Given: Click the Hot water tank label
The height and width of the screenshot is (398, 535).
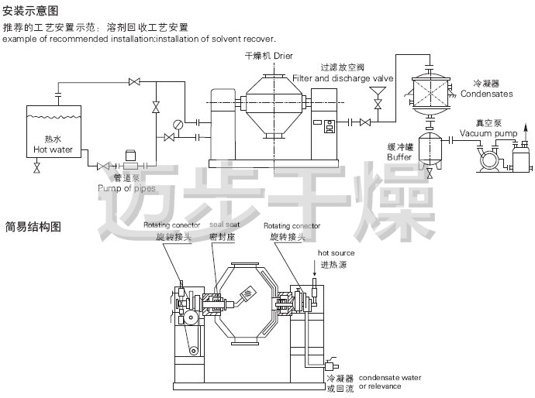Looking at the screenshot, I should coord(52,145).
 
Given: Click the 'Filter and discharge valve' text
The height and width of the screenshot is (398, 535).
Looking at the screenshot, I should coord(343,78).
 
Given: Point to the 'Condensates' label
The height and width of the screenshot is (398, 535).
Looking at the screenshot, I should coord(486,94).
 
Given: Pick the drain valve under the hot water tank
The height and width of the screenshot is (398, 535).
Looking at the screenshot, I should coord(36,168).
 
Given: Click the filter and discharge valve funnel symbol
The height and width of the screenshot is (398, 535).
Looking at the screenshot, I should coord(378,103).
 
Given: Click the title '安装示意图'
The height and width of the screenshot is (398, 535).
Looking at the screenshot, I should coord(30,11).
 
